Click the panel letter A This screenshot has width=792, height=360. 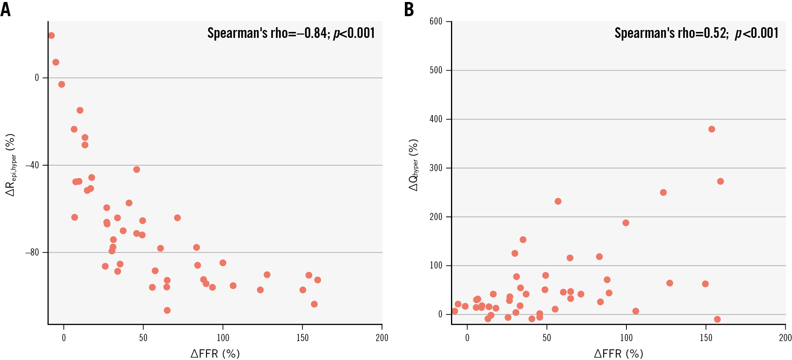(6, 9)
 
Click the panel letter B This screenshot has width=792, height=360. (409, 9)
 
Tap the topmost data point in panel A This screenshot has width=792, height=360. (51, 35)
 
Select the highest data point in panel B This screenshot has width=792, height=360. (712, 129)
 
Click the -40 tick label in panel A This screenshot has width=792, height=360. (32, 165)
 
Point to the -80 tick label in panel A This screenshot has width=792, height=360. (32, 252)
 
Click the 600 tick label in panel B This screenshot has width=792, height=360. (436, 21)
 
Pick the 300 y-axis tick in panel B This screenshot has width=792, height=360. (436, 168)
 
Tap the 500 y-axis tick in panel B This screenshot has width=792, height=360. (436, 70)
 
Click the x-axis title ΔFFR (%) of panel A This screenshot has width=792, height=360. (215, 354)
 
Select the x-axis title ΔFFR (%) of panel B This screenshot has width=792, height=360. (619, 354)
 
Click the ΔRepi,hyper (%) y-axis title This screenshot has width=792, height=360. (11, 165)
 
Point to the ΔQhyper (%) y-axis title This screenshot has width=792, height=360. (414, 165)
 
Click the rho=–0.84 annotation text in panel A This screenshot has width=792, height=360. (291, 33)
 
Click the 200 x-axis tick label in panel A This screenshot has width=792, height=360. (382, 338)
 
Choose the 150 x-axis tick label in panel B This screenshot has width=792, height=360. (706, 338)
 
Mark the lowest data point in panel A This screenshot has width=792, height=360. (167, 310)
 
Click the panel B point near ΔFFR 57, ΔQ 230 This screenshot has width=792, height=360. (558, 201)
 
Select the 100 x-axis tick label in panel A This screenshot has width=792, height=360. (223, 338)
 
